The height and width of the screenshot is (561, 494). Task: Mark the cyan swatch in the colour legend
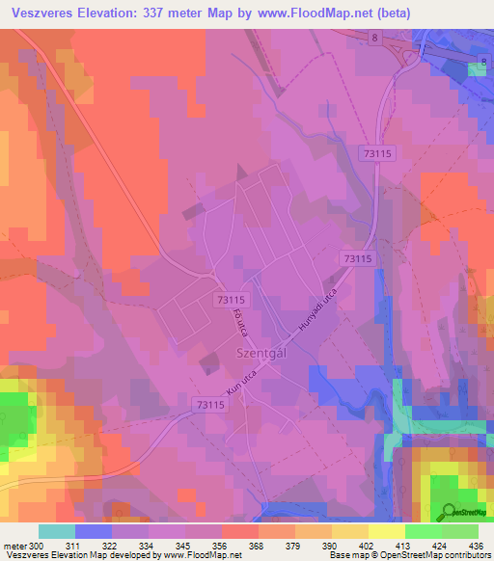(57, 531)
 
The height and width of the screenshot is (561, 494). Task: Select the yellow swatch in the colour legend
(387, 531)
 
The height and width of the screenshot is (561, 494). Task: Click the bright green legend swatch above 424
(424, 531)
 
